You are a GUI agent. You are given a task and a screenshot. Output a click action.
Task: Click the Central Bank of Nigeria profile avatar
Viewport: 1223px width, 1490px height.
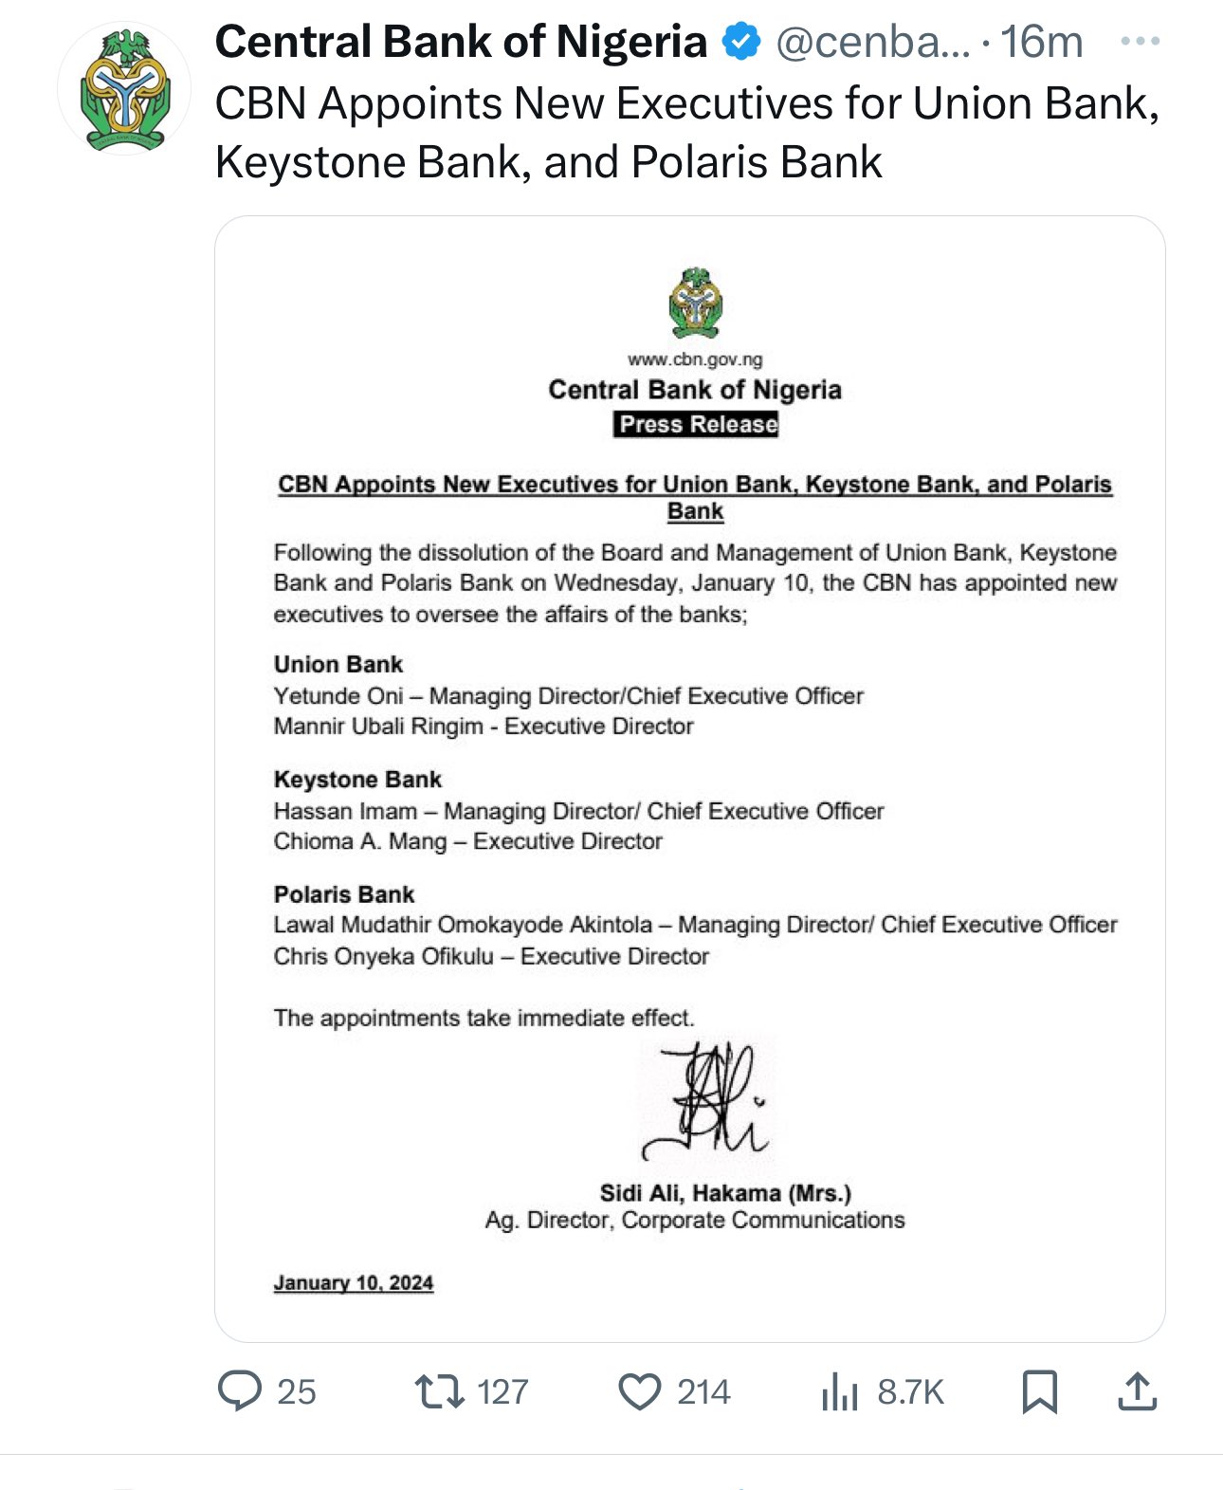[124, 88]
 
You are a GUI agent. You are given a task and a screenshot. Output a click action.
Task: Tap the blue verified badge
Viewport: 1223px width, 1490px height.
[741, 42]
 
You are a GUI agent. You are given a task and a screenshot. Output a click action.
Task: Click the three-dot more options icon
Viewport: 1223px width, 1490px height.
[1140, 42]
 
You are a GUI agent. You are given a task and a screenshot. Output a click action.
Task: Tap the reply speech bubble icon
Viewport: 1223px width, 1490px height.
[240, 1391]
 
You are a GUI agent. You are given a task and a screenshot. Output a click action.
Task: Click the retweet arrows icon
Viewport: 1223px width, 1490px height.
[439, 1391]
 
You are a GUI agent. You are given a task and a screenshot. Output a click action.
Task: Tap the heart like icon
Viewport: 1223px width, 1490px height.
[640, 1391]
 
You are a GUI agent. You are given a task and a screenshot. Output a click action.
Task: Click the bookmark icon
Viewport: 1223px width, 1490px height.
[1039, 1391]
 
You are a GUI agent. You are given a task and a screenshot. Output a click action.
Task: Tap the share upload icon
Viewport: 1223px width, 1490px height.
[1137, 1391]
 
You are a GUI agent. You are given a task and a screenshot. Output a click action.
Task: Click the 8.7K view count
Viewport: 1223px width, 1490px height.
[910, 1391]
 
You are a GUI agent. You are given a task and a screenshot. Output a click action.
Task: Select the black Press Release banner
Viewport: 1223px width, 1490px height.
[696, 424]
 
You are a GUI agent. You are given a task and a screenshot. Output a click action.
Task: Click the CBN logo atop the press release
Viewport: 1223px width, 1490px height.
[696, 304]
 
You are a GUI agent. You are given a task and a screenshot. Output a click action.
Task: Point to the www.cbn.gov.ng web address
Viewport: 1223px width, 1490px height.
[695, 359]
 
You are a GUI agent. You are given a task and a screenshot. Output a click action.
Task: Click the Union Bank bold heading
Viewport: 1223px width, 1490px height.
[338, 664]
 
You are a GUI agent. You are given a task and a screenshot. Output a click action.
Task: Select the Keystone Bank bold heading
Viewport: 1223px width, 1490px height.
[357, 780]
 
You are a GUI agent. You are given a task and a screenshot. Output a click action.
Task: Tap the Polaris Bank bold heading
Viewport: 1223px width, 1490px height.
[344, 894]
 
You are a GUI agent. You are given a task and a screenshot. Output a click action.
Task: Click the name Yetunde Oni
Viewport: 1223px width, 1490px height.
[338, 696]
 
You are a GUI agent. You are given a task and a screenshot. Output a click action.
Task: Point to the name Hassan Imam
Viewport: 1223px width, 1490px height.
[345, 812]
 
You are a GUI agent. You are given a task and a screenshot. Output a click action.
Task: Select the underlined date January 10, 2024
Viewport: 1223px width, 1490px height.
[354, 1283]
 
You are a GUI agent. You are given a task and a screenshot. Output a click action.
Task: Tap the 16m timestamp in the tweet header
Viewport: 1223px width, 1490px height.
[1041, 42]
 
